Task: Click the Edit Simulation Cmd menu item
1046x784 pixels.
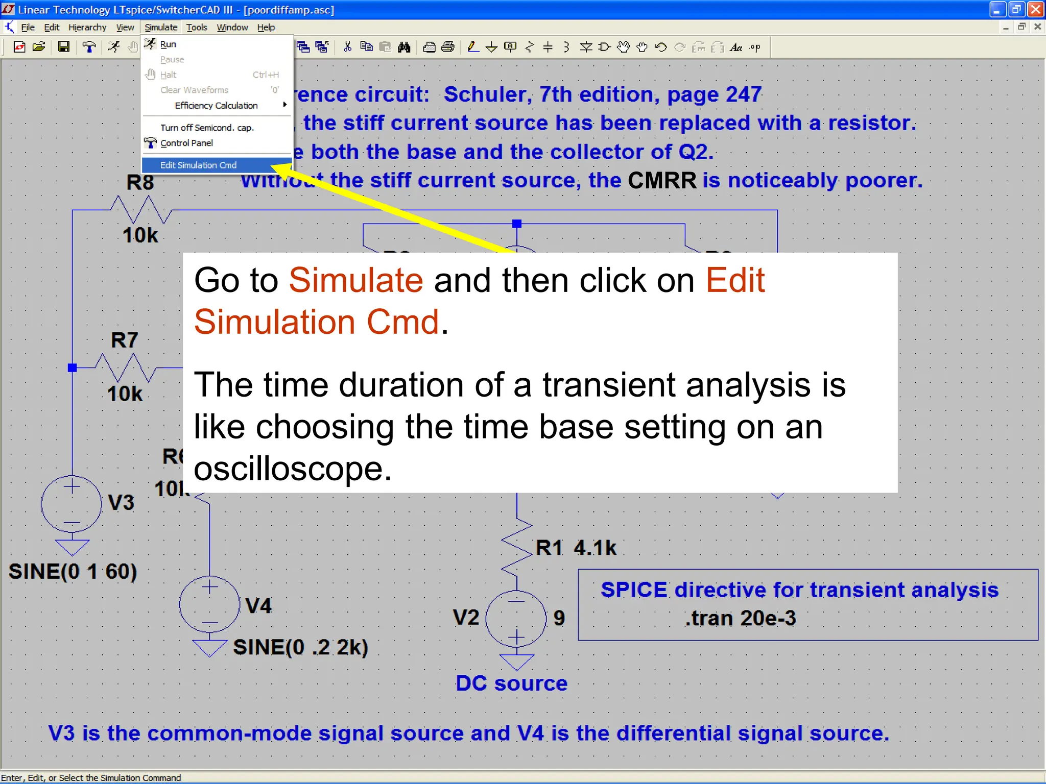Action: [x=198, y=165]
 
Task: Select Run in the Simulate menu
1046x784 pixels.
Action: [x=168, y=44]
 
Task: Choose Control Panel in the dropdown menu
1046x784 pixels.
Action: [x=186, y=143]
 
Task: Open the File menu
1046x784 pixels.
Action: [x=28, y=28]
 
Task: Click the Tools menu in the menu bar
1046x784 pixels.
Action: [x=196, y=28]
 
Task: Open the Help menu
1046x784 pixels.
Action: [x=266, y=28]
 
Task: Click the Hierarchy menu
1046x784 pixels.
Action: [x=87, y=28]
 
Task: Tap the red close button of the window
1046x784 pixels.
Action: [x=1036, y=10]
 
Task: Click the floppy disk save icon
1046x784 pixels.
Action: [x=63, y=47]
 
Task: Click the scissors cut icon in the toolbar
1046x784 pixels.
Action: [x=348, y=47]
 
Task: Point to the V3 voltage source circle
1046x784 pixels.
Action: [x=72, y=504]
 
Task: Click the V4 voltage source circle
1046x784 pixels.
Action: [x=209, y=605]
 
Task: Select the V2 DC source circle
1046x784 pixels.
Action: [x=516, y=619]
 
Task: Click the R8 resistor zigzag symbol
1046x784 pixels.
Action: [x=141, y=210]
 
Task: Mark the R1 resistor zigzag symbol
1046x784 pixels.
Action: [x=517, y=547]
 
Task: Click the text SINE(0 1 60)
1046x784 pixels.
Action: [x=73, y=572]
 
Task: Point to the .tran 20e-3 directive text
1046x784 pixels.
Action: [x=740, y=619]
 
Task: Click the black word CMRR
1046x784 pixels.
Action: [x=662, y=181]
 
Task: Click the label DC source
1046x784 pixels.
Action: [x=511, y=683]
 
